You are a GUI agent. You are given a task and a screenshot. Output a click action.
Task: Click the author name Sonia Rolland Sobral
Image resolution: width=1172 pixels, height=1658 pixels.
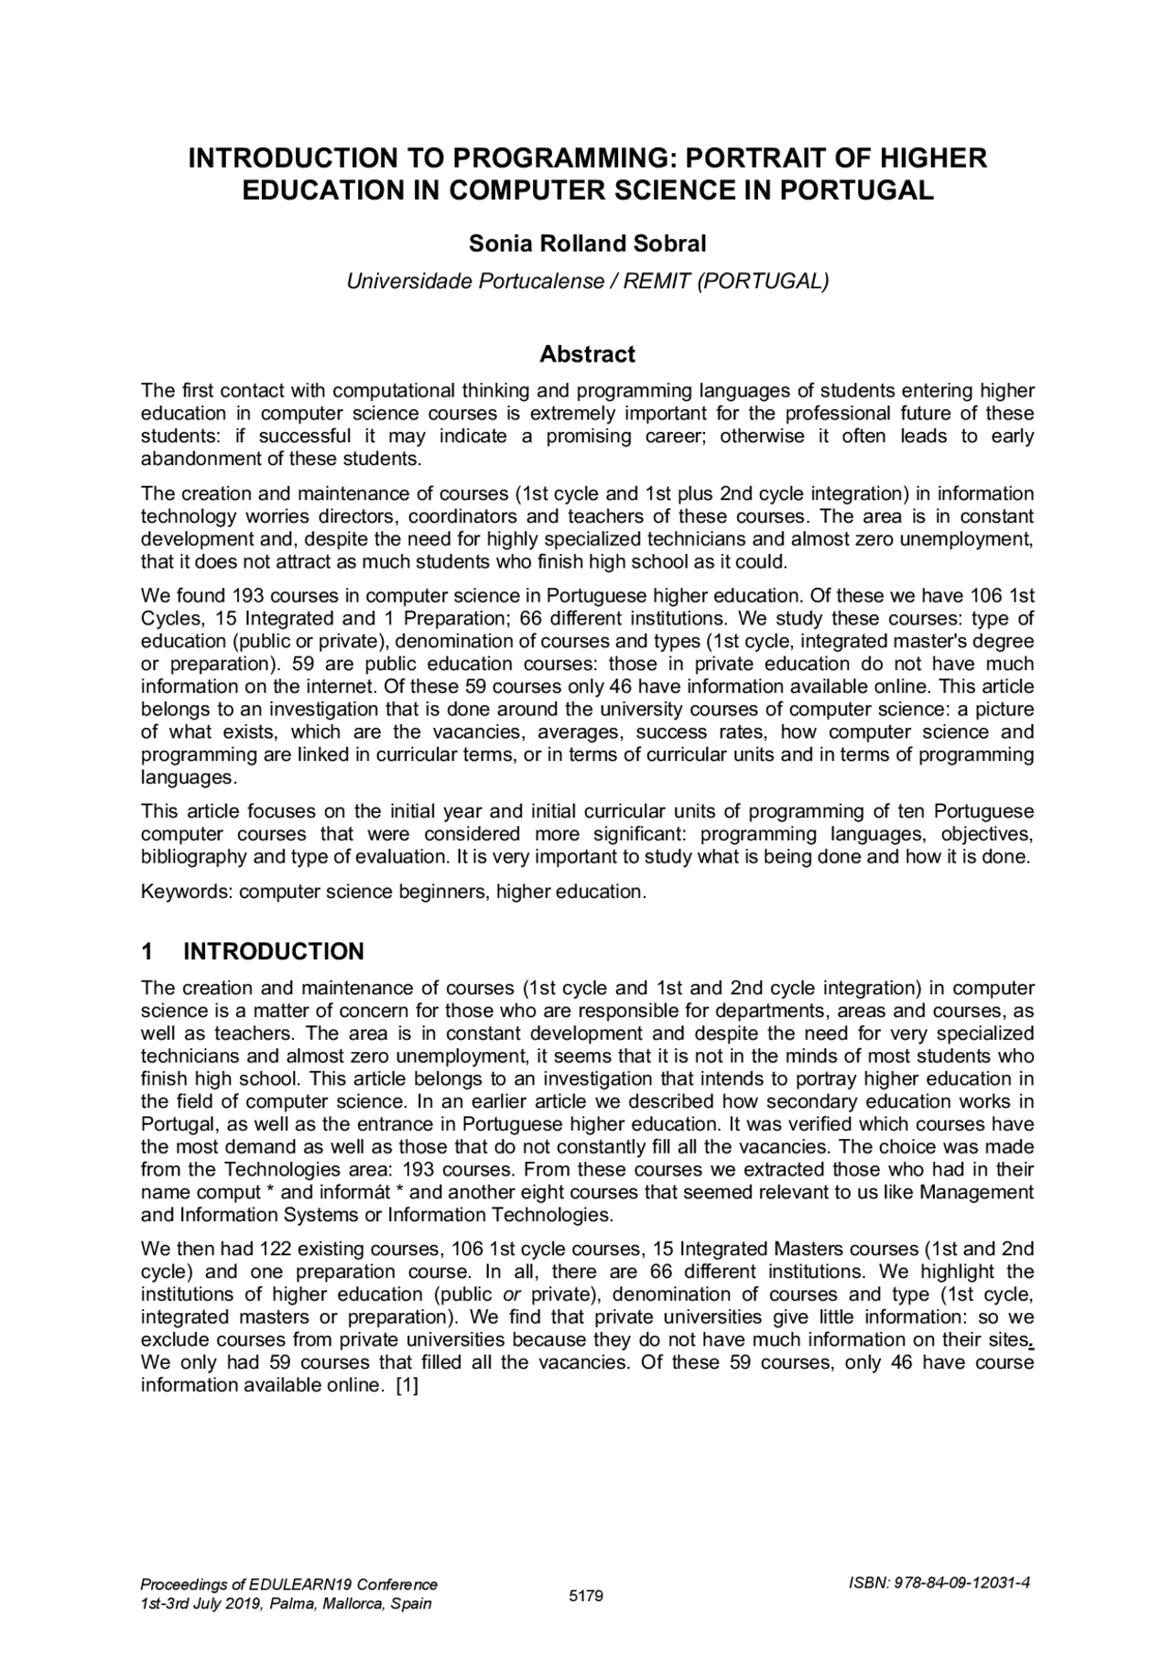587,244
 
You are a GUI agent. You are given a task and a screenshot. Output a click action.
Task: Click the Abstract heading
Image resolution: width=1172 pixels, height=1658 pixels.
587,354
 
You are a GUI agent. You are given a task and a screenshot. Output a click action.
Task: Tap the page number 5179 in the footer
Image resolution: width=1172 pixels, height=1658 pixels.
586,1597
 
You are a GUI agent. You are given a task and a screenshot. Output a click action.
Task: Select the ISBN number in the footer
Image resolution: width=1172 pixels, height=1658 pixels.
939,1584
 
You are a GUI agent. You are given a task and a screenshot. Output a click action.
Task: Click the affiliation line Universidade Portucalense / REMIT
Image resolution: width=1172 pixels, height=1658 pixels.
587,281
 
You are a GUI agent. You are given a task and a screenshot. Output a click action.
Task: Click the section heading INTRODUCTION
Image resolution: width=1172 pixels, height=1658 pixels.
274,951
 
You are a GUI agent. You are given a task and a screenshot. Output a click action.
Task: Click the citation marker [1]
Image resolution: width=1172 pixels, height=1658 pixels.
407,1385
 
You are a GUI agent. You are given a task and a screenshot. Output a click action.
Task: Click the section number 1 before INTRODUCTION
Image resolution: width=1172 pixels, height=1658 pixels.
147,951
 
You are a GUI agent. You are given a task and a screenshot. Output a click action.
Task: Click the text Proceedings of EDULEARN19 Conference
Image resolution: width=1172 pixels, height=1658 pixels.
288,1585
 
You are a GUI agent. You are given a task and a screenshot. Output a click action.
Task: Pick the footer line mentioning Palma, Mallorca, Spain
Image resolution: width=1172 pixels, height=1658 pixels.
286,1604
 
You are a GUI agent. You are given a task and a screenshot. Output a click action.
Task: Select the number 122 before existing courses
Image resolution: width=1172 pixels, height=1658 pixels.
276,1249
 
